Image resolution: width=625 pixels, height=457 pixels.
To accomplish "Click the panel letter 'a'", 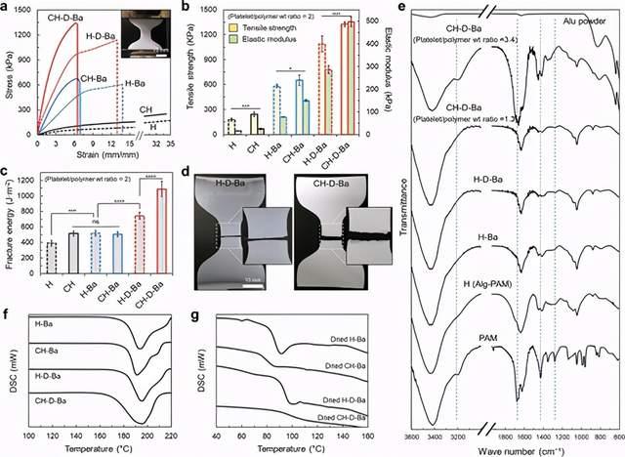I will coord(6,8).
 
